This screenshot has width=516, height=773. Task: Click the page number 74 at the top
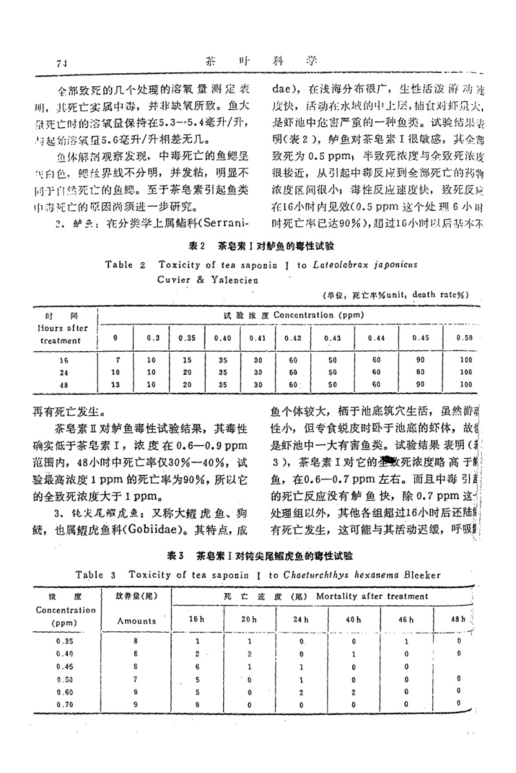(x=63, y=63)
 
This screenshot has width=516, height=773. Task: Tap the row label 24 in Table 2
(x=63, y=372)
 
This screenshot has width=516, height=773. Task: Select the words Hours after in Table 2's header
(x=63, y=327)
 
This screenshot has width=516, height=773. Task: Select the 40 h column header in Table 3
(x=354, y=619)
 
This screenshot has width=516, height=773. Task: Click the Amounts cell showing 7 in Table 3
(x=136, y=680)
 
